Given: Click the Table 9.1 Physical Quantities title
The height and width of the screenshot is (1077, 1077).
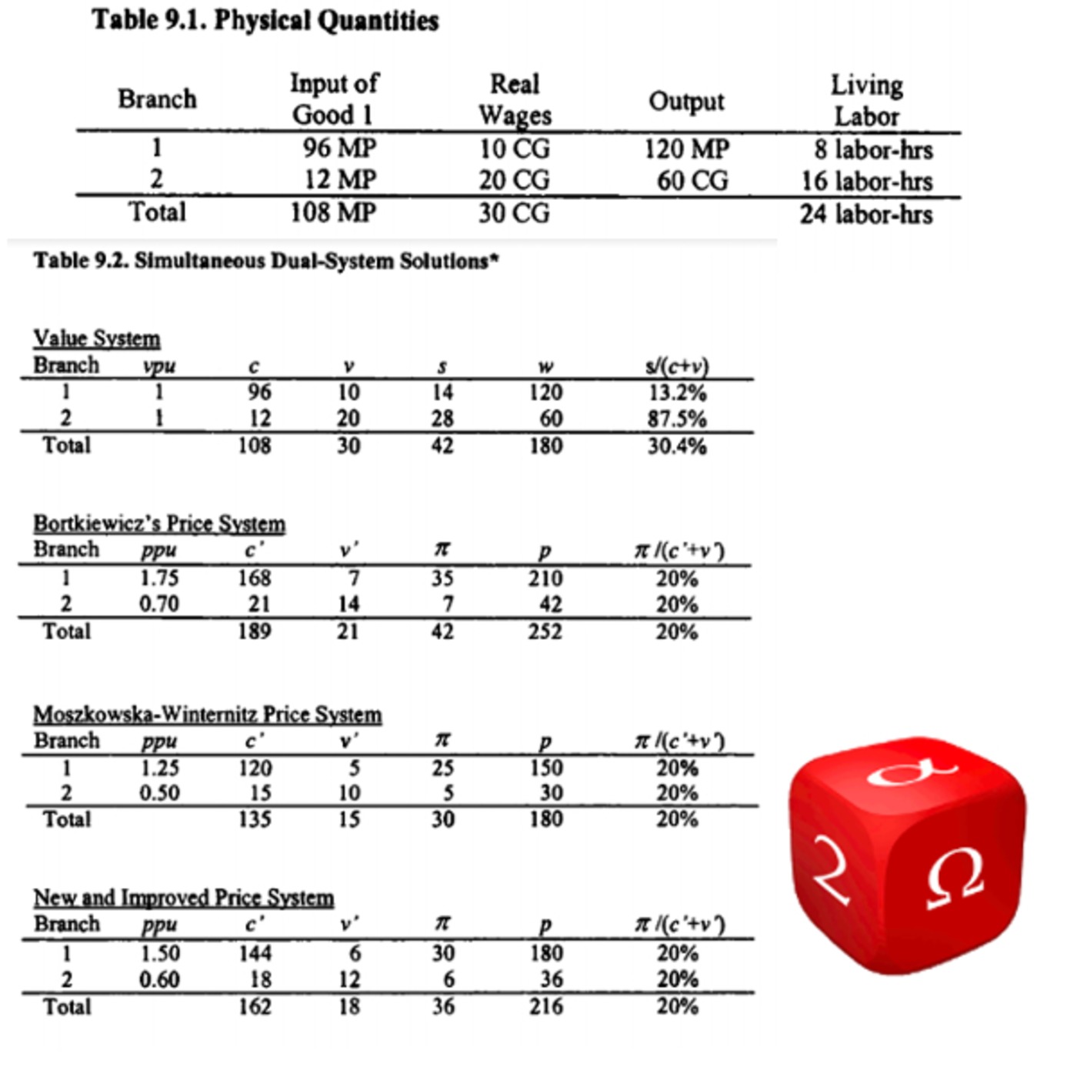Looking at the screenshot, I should click(265, 21).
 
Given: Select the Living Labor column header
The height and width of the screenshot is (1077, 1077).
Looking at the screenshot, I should click(867, 100).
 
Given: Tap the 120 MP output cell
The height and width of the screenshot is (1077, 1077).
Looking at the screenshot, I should click(686, 148).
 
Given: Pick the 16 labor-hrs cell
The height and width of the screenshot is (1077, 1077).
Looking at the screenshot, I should click(867, 182).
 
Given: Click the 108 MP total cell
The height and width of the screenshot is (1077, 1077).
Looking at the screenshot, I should click(333, 212).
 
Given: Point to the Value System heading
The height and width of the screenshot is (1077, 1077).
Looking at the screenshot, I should click(97, 338).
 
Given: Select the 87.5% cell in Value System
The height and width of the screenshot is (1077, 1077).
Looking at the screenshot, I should click(677, 418).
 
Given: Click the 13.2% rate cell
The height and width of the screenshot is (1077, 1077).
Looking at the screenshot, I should click(677, 392).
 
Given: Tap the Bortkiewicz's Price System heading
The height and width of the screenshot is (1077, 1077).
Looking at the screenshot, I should click(159, 524).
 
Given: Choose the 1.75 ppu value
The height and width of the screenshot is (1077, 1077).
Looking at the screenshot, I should click(159, 578).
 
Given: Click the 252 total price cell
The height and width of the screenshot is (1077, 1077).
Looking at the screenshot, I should click(545, 632).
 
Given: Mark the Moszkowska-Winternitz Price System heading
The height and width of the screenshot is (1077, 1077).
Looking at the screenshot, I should click(208, 715).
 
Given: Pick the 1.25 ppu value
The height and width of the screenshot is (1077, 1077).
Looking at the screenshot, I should click(160, 768).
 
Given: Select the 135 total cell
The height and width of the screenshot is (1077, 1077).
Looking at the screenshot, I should click(255, 819).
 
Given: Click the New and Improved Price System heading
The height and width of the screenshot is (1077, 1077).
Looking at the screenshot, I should click(184, 898).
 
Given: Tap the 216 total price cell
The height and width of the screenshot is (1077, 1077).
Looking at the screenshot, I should click(545, 1006).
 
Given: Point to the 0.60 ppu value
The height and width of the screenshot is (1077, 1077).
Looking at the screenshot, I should click(159, 979).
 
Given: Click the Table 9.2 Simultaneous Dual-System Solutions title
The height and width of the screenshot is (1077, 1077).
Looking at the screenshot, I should click(266, 262).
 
